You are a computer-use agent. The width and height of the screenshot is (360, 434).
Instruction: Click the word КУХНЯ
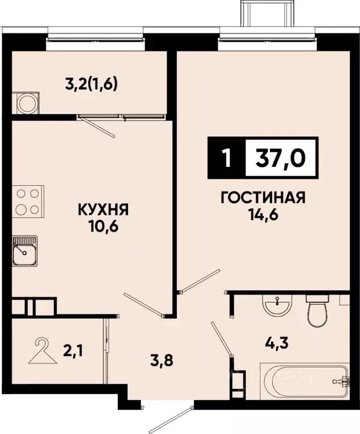point(104,210)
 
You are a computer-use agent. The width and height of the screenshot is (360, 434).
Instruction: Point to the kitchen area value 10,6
point(104,228)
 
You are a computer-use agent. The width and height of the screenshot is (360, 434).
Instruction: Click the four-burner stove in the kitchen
point(27,201)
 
